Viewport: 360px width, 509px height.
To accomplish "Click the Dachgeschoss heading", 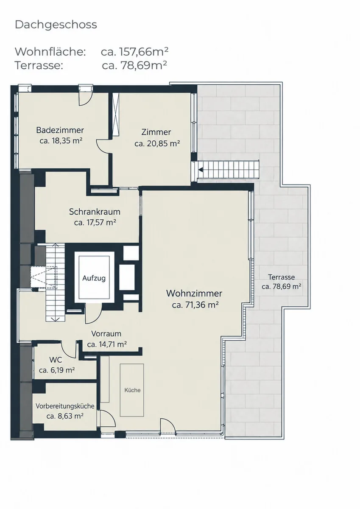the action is (56, 25).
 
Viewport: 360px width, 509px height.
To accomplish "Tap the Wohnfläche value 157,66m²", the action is (144, 52).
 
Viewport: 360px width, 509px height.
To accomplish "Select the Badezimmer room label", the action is (60, 130).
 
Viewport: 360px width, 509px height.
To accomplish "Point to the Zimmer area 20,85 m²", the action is (157, 144).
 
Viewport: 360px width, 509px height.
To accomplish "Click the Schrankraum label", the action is (95, 212).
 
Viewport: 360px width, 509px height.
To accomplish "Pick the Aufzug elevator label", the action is (94, 278).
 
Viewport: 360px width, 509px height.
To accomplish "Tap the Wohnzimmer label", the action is (194, 293).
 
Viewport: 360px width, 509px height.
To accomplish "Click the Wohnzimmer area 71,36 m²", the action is (195, 305).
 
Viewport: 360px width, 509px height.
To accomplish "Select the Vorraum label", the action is (106, 334).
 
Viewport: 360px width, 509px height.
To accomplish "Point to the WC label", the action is (56, 360).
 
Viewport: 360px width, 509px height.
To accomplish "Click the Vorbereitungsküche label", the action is (65, 406).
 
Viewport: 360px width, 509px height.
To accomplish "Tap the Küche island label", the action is (132, 390).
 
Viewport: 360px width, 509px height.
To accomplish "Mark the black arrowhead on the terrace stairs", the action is (201, 169).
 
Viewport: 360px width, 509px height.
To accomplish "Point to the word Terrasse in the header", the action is (39, 65).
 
